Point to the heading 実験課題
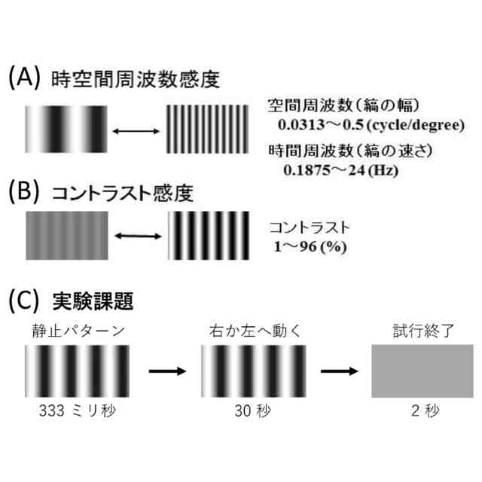coord(93,301)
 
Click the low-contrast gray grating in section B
coord(66,235)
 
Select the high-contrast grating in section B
coord(207,235)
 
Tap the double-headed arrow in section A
coord(136,132)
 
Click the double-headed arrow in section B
coord(136,236)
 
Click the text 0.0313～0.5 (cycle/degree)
coord(369,124)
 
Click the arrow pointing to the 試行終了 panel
coord(339,371)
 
